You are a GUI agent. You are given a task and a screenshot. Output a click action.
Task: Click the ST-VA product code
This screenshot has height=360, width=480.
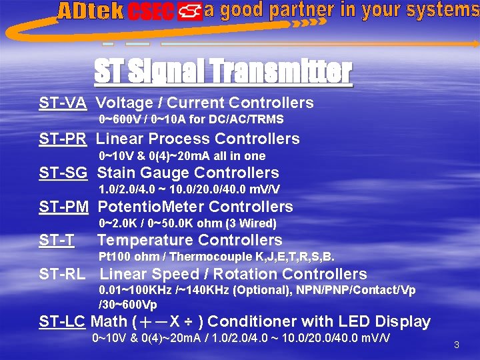63,103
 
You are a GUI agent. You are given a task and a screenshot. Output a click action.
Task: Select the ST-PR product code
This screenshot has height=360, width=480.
63,139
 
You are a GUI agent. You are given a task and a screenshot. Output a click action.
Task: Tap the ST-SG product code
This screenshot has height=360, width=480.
63,173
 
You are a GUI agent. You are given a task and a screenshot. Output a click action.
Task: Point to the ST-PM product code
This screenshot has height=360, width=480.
63,207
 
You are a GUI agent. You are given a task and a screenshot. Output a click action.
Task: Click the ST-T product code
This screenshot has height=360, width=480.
56,240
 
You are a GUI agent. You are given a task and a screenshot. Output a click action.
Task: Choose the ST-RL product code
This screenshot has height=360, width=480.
63,274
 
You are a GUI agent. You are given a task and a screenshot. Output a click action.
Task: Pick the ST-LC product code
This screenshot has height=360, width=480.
63,321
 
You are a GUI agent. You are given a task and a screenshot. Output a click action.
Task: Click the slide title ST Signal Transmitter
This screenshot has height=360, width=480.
223,71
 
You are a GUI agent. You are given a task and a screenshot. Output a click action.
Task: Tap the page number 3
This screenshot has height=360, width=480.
457,345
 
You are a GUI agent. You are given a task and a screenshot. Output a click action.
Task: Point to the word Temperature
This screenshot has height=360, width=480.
137,240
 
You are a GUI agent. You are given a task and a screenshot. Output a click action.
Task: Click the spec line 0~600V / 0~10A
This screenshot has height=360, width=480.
191,120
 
